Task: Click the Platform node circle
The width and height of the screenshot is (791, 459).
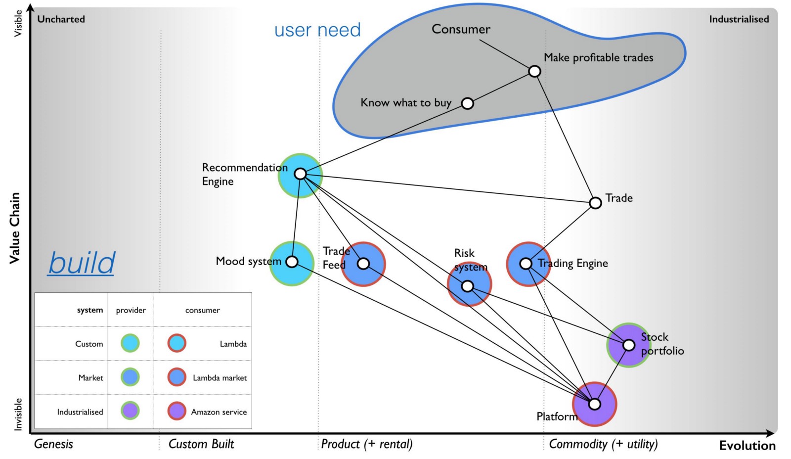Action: [x=595, y=404]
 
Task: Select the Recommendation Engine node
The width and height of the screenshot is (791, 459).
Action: [x=300, y=174]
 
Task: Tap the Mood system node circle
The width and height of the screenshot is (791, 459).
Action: [x=292, y=262]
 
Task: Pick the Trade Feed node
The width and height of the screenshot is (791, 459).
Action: [x=363, y=264]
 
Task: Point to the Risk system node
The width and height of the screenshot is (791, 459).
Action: [x=468, y=286]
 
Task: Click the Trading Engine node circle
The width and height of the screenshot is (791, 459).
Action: [x=526, y=264]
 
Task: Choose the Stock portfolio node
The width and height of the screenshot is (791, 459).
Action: [x=628, y=345]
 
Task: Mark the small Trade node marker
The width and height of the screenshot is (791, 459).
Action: [x=596, y=203]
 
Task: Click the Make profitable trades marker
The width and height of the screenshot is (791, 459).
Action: [x=534, y=71]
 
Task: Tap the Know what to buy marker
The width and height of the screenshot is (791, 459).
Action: [x=467, y=103]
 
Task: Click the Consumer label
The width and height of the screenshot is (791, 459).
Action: [x=461, y=29]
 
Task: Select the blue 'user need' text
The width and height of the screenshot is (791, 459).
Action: [x=317, y=30]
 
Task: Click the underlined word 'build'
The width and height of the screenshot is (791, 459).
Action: [x=82, y=263]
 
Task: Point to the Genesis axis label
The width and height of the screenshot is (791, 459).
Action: [x=53, y=444]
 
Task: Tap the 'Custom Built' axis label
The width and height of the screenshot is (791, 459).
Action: [x=201, y=444]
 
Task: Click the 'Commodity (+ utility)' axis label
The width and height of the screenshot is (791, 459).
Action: [x=603, y=444]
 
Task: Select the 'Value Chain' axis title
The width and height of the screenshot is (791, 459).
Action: [x=15, y=228]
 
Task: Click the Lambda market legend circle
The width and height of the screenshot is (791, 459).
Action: [x=176, y=377]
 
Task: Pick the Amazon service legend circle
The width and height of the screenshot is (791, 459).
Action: [x=176, y=411]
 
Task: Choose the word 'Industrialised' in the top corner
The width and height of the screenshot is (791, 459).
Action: [x=739, y=19]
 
